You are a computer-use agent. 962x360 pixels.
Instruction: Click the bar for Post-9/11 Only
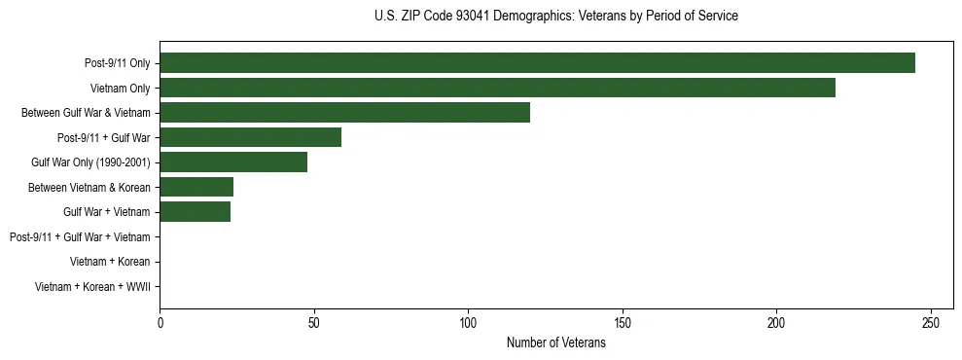coord(537,63)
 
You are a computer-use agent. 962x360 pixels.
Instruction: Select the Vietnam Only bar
coord(497,89)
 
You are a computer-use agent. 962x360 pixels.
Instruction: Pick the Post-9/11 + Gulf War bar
coord(250,137)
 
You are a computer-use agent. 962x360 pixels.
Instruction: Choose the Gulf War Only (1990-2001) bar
coord(233,162)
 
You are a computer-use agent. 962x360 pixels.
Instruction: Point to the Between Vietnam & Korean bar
coord(196,187)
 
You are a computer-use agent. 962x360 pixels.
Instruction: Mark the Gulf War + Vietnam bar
coord(195,212)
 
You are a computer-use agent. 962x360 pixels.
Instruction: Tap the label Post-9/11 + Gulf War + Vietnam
coord(80,237)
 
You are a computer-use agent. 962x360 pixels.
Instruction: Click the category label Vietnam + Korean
coord(110,262)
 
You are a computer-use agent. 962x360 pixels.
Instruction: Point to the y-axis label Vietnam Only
coord(120,89)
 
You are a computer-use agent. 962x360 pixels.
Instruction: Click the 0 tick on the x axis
coord(160,322)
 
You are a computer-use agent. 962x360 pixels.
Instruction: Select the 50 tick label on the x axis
coord(314,322)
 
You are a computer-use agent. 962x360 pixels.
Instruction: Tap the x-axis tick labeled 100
coord(468,322)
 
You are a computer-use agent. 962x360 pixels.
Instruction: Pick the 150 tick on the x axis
coord(623,322)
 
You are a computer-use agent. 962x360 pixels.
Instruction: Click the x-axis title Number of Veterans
coord(555,342)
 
